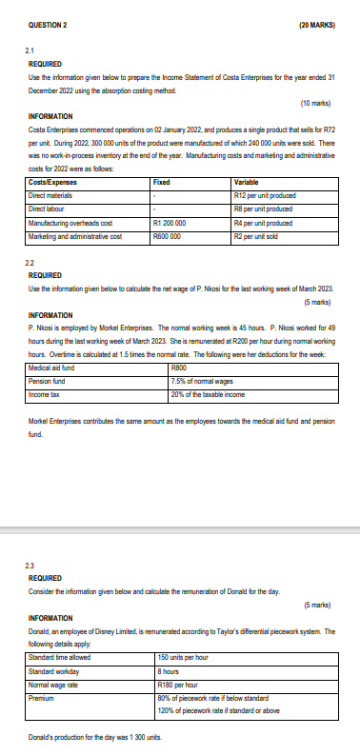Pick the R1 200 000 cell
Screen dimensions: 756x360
pyautogui.click(x=175, y=221)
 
